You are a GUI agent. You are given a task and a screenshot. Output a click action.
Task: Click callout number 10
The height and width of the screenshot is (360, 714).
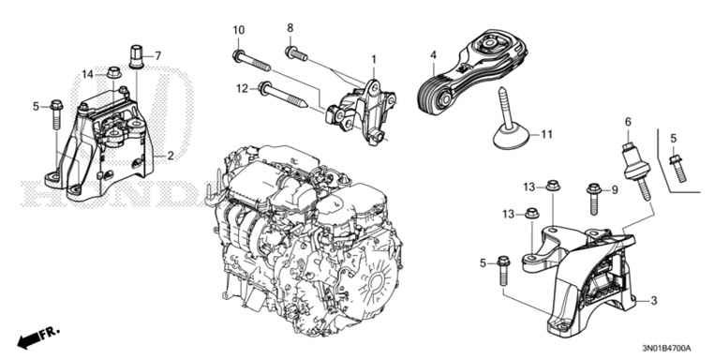coord(239,31)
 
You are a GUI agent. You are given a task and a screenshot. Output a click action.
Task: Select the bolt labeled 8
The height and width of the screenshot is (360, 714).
coord(296,53)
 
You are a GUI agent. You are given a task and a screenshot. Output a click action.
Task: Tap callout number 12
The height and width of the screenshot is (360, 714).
coord(242,88)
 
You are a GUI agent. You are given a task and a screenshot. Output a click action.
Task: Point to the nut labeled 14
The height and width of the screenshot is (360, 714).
coord(113,72)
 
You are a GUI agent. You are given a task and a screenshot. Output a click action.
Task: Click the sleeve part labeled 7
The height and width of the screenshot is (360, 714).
coord(136,56)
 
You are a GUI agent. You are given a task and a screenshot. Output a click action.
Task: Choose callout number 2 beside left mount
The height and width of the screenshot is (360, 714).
coord(171,156)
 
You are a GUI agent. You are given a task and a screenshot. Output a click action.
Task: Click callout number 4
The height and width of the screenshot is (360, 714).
coord(433,55)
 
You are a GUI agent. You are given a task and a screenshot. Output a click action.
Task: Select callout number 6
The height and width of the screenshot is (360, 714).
coord(628,122)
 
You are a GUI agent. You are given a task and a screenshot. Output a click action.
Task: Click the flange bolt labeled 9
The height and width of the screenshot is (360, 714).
coord(593,198)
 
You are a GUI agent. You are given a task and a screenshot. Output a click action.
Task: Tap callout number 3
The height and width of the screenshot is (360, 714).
coord(654,300)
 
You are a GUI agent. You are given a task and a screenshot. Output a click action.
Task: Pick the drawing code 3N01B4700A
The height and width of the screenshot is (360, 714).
coord(666,349)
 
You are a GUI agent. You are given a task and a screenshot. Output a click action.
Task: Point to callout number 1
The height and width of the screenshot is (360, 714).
coord(373,59)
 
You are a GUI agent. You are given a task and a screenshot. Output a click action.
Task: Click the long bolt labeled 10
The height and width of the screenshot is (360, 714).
coord(251,62)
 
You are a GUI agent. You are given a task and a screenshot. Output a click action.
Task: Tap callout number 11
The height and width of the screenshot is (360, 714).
coord(546,134)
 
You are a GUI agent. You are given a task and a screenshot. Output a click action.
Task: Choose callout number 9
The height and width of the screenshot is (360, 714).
coord(615,188)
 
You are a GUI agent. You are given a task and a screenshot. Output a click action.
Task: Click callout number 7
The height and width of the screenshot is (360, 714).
coord(158,55)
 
